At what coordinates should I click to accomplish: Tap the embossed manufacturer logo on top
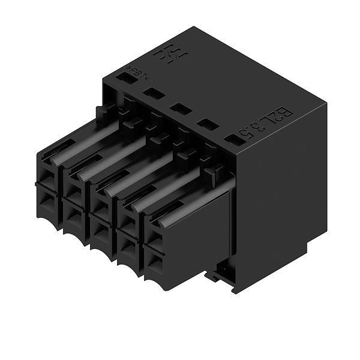(x=171, y=55)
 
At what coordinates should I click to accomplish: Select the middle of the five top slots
(x=178, y=109)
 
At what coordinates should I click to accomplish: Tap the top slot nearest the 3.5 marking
(x=231, y=142)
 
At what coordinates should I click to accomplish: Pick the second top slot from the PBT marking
(x=152, y=93)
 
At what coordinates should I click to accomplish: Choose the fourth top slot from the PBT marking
(x=205, y=125)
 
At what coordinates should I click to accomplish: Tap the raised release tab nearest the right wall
(x=210, y=174)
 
